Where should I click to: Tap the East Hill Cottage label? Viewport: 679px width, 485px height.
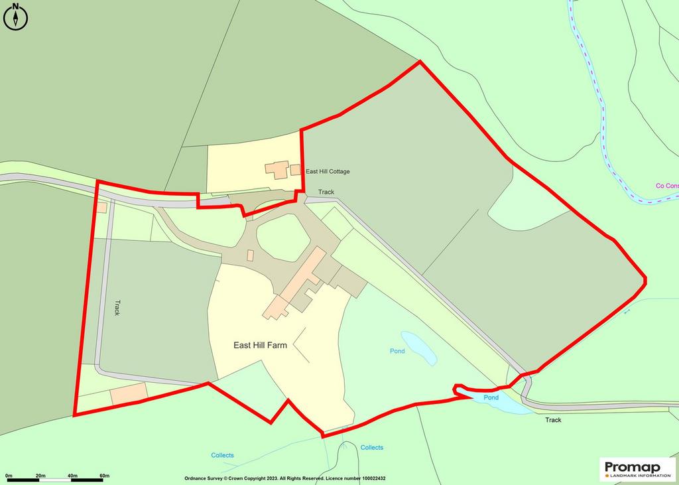327,171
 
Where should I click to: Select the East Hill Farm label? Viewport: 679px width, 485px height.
260,345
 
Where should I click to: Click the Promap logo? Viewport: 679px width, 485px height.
637,468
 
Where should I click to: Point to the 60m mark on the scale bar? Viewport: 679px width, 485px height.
104,476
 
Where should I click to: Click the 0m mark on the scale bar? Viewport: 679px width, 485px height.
9,476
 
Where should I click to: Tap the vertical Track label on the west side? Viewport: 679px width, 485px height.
117,308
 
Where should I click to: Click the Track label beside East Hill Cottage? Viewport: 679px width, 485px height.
326,192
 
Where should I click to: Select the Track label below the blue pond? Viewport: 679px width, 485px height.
553,420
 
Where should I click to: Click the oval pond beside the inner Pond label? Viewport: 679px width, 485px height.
419,348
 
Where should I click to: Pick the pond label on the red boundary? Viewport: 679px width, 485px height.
491,397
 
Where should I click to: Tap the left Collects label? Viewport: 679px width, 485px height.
222,455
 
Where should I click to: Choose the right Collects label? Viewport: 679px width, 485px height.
371,448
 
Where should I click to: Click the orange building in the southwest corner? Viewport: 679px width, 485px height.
128,393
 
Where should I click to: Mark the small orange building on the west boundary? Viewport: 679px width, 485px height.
101,208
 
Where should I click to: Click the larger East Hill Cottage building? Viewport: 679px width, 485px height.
277,169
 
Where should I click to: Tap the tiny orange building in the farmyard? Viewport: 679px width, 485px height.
250,255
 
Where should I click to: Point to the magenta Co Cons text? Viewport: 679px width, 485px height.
666,186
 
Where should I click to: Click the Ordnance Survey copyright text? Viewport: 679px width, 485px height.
284,478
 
